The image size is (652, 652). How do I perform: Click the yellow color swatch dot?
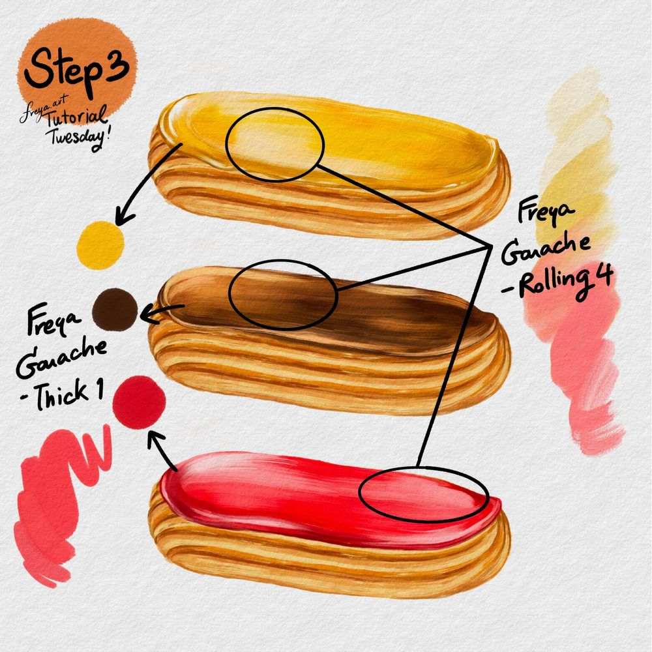click(100, 243)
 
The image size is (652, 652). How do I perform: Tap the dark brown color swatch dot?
click(115, 308)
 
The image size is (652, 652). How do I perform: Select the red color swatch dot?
click(138, 398)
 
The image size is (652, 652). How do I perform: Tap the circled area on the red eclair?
click(423, 494)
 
